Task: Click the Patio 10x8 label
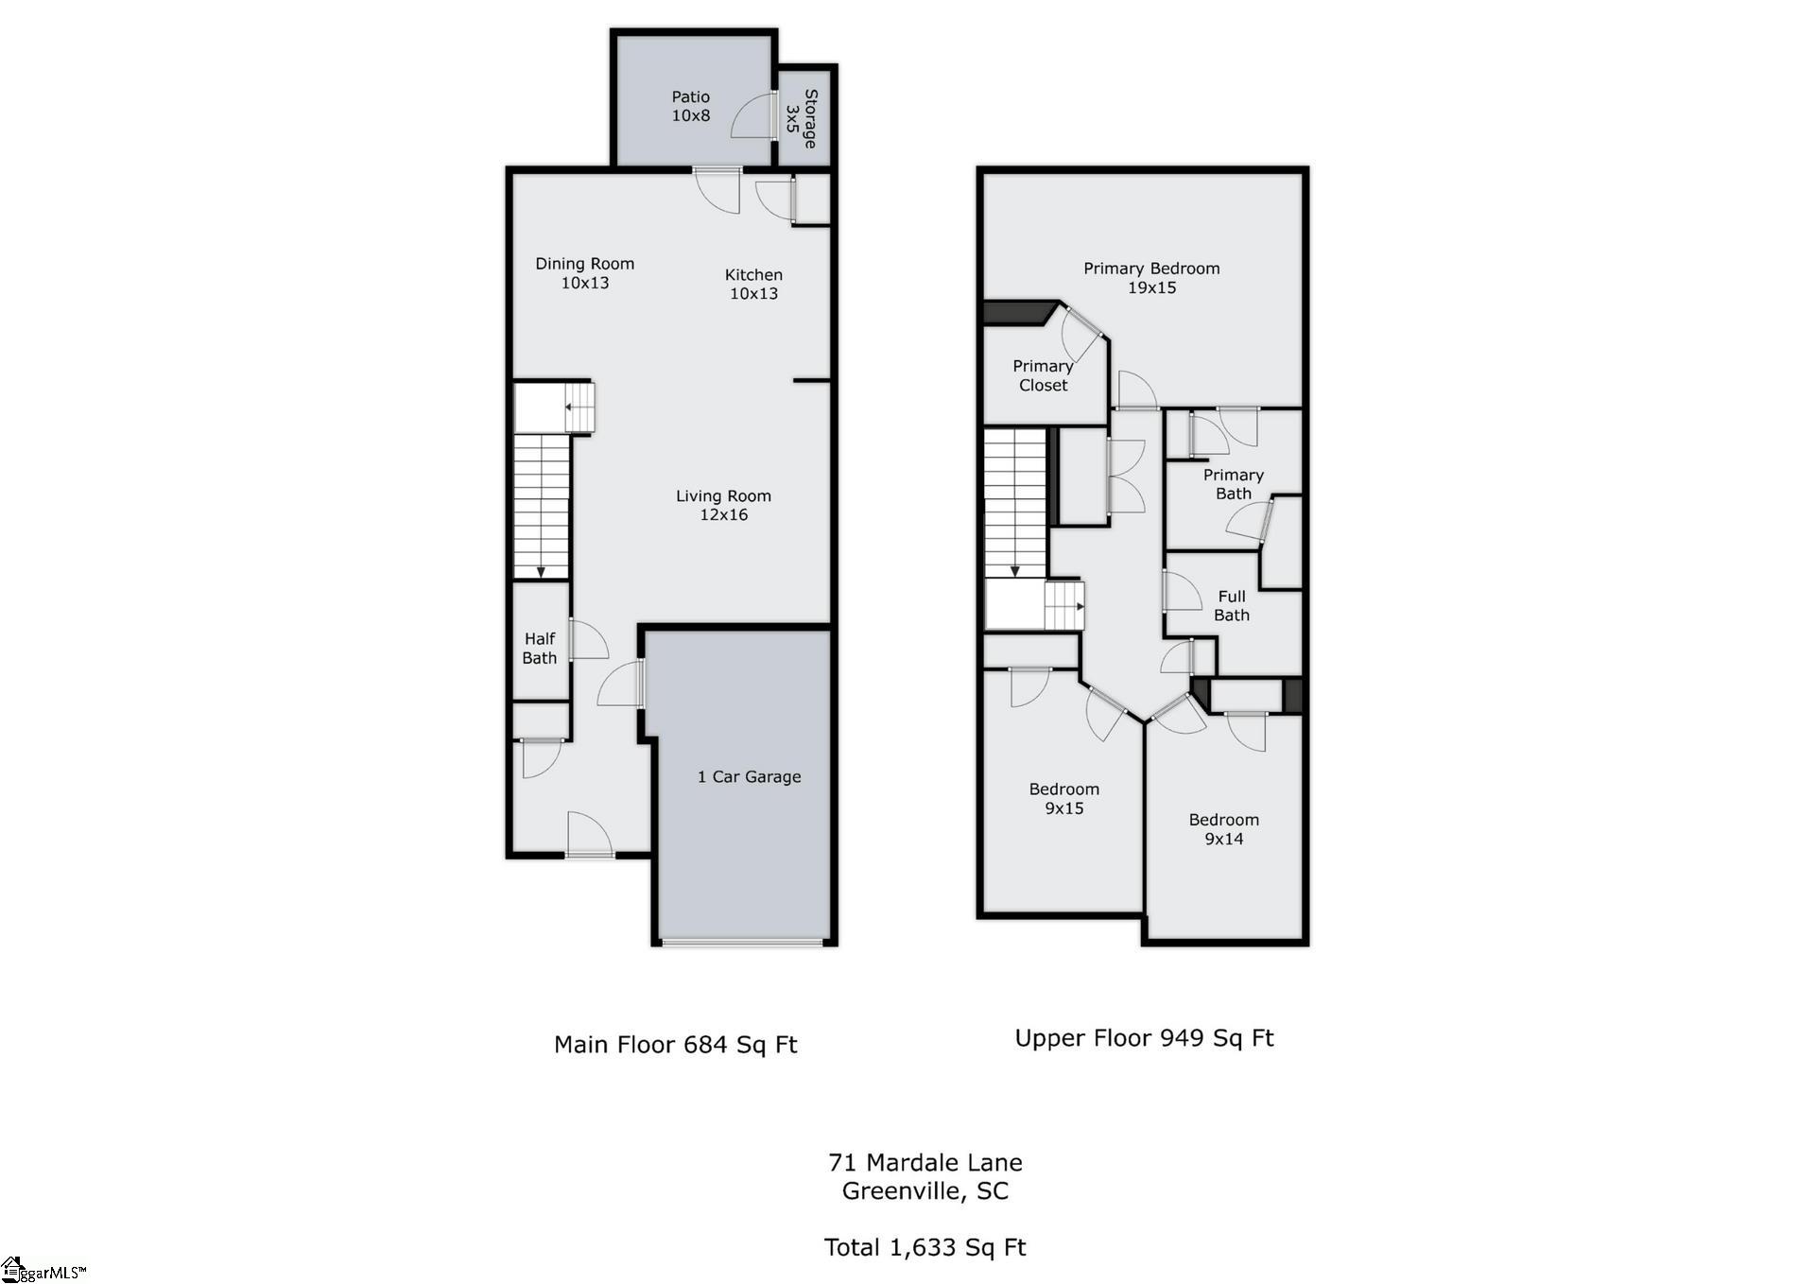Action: click(x=690, y=106)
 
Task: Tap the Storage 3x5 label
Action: click(x=802, y=118)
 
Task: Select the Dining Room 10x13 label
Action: click(x=584, y=273)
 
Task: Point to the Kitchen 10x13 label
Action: click(x=753, y=284)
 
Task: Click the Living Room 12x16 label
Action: click(x=723, y=505)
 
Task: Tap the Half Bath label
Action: click(x=540, y=649)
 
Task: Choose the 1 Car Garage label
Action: click(x=749, y=776)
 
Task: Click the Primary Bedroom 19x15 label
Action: click(x=1150, y=278)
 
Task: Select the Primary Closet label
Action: click(x=1043, y=375)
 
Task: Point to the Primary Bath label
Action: click(x=1233, y=484)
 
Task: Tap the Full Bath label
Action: click(x=1232, y=605)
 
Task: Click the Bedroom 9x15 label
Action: click(x=1063, y=798)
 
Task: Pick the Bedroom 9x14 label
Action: click(x=1223, y=829)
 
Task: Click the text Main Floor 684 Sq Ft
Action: click(x=675, y=1044)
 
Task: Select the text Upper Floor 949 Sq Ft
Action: click(x=1144, y=1037)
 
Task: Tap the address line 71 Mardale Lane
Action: click(x=925, y=1162)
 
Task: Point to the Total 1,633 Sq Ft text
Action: click(x=925, y=1247)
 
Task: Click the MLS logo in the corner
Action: click(x=42, y=1269)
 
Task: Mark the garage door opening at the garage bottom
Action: click(x=742, y=942)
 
